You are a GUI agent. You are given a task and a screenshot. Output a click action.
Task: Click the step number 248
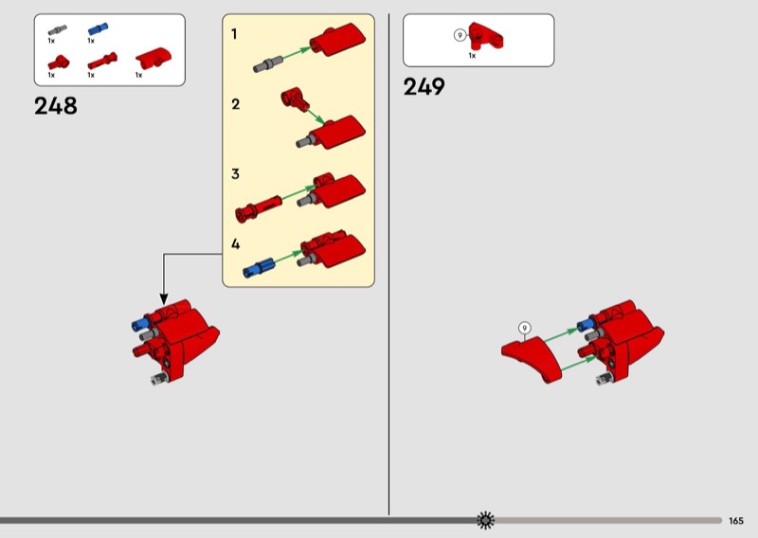[x=56, y=106]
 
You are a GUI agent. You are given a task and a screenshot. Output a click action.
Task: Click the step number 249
[x=424, y=87]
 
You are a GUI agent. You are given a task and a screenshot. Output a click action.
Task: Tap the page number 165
[x=736, y=521]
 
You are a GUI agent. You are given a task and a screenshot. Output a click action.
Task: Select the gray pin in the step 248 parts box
[x=58, y=30]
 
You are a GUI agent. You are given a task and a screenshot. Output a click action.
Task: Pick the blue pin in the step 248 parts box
[x=98, y=29]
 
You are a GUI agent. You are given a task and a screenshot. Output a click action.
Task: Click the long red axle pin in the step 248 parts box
[x=102, y=61]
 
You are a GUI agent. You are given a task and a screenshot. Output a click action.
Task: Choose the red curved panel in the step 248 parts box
[x=153, y=59]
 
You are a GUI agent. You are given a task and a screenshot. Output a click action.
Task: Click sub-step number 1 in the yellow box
[x=234, y=34]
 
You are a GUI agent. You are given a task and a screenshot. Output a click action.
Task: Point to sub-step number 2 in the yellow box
[x=235, y=104]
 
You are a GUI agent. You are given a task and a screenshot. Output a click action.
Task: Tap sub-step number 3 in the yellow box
[x=235, y=173]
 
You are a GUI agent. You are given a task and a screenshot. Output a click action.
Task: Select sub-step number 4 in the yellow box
[x=235, y=243]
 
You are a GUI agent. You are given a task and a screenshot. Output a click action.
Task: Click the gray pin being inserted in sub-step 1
[x=268, y=63]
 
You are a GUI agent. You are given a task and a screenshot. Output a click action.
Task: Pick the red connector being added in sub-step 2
[x=295, y=99]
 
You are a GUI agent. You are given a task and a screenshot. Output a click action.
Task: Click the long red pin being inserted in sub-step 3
[x=258, y=208]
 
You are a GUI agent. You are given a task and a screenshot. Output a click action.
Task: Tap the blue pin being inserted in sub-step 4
[x=259, y=268]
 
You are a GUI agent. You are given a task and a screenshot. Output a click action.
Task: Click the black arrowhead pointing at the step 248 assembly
[x=164, y=298]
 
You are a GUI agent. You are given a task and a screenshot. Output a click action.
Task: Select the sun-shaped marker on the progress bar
[x=485, y=520]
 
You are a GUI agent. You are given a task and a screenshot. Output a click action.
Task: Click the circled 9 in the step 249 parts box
[x=460, y=35]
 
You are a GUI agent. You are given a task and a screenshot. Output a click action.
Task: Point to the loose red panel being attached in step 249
[x=532, y=359]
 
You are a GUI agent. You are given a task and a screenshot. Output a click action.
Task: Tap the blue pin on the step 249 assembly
[x=586, y=324]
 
